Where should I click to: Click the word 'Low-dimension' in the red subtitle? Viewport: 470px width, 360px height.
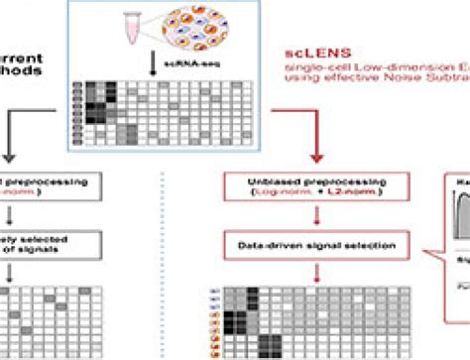[x=377, y=65]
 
